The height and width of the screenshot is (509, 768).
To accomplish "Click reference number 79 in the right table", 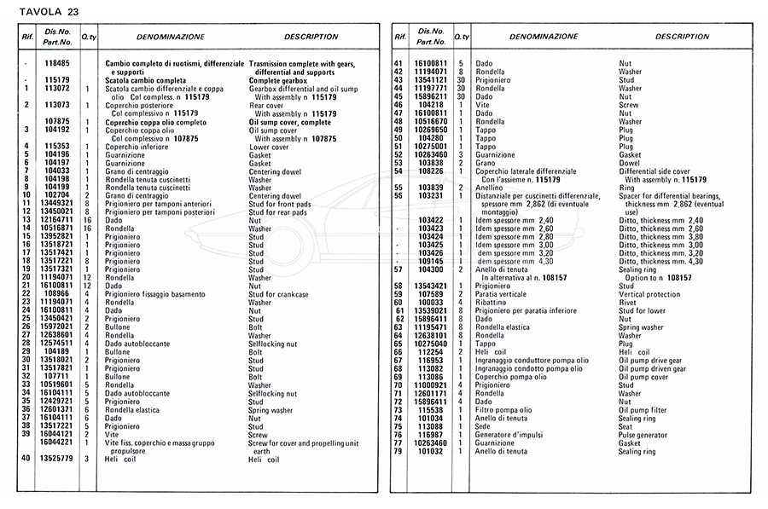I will tap(398, 451).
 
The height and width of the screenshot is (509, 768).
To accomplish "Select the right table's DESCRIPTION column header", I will tap(683, 37).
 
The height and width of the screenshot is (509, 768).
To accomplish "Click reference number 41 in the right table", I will tap(398, 64).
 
